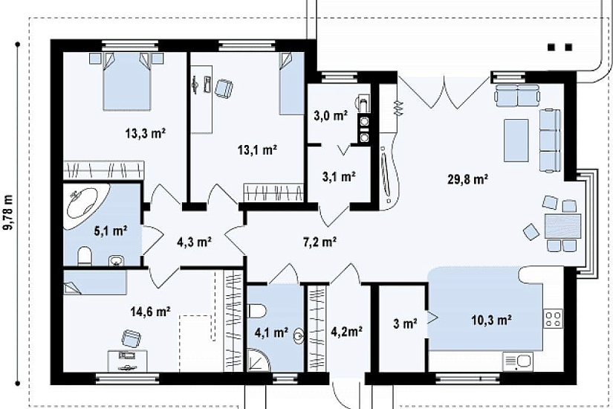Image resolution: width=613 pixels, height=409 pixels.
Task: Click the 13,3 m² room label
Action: tap(146, 133)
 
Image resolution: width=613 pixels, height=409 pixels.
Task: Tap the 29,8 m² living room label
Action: tap(467, 180)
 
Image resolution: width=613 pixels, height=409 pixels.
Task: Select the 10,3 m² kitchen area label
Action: tap(492, 321)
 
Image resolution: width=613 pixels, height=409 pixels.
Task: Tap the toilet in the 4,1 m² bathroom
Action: tap(257, 311)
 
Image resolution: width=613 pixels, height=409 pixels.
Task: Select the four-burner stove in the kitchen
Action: tap(553, 318)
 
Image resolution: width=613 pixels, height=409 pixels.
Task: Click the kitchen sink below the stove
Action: tap(518, 361)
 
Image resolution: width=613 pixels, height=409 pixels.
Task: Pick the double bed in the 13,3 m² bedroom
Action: tap(126, 80)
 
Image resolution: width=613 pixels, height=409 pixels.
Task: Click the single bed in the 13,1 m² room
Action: tap(292, 83)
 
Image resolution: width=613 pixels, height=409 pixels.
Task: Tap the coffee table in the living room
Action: tap(516, 140)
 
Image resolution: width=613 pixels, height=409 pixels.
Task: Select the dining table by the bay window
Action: tap(562, 226)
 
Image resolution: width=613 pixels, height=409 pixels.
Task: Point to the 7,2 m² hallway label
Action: tap(320, 242)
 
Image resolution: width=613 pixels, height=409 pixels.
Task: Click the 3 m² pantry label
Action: tap(405, 323)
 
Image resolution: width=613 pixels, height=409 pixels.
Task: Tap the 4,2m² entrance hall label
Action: tap(346, 332)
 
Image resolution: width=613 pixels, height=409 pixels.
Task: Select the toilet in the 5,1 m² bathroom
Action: tap(85, 256)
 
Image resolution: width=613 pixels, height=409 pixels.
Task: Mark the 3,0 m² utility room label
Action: tap(331, 116)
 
